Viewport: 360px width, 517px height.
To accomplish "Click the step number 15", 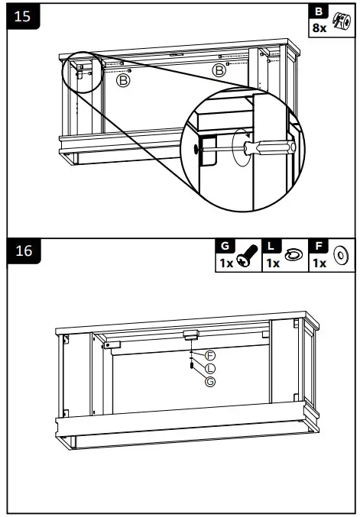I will [23, 17].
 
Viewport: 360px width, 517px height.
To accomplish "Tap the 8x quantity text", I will [319, 27].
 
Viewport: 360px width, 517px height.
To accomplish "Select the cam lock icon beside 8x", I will [340, 21].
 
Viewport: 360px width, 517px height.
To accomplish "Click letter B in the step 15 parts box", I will [319, 12].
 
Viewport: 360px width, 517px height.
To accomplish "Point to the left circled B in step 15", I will [123, 79].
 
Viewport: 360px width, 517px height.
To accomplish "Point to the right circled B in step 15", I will [219, 70].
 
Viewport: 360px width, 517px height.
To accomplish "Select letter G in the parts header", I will [225, 247].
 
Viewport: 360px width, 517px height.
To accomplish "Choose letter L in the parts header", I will [271, 247].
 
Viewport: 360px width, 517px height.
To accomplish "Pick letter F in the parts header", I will [319, 247].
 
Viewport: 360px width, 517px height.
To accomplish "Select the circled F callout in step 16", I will [210, 356].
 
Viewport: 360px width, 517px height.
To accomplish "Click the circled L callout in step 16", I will [210, 368].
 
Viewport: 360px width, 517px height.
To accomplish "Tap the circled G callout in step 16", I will [210, 381].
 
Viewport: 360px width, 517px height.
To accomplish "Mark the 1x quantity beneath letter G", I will [225, 263].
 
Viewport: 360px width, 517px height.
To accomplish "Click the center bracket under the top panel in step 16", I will [190, 334].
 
